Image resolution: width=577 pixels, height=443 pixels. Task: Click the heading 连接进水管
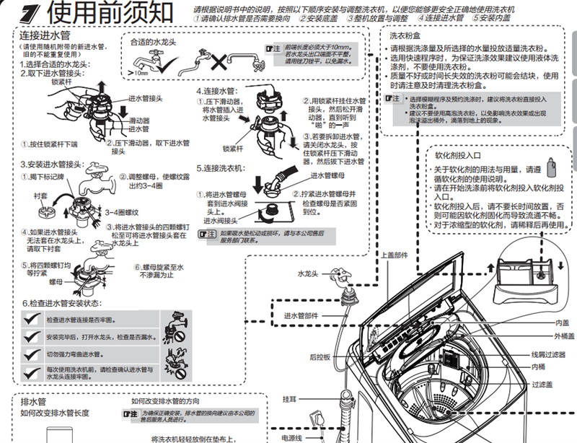click(40, 35)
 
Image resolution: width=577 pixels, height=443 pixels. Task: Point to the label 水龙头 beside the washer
click(308, 274)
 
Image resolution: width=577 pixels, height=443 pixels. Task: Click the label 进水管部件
click(300, 315)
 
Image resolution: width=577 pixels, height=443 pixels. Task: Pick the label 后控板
click(320, 356)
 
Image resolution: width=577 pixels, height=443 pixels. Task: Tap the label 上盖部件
click(394, 255)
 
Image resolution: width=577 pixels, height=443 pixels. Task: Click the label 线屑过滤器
click(548, 354)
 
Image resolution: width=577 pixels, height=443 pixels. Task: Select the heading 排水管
click(33, 401)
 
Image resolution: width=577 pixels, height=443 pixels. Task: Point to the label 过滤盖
click(542, 385)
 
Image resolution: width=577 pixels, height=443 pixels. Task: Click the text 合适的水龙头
click(153, 43)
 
